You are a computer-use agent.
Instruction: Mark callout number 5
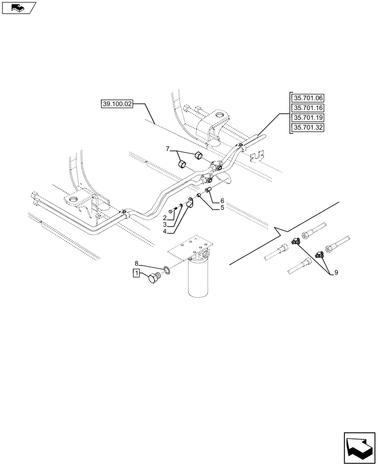click(222, 208)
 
